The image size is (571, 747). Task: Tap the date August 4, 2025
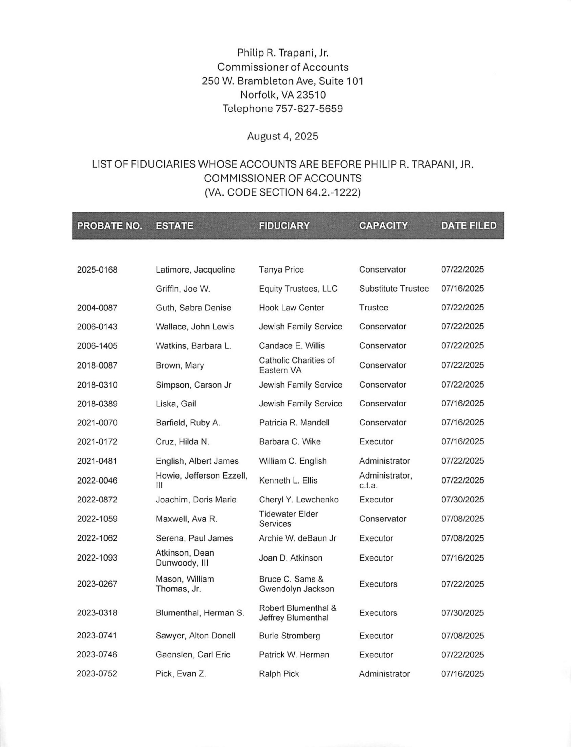pyautogui.click(x=282, y=136)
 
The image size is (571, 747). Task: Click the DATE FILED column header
pyautogui.click(x=468, y=226)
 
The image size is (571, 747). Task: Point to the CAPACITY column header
pyautogui.click(x=383, y=226)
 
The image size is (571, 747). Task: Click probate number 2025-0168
pyautogui.click(x=97, y=270)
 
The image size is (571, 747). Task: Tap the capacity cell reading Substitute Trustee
pyautogui.click(x=393, y=289)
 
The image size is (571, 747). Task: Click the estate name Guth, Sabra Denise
pyautogui.click(x=193, y=308)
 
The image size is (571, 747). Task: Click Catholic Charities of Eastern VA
pyautogui.click(x=296, y=365)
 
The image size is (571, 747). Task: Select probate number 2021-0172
pyautogui.click(x=97, y=442)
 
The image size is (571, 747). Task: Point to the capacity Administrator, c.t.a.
pyautogui.click(x=385, y=480)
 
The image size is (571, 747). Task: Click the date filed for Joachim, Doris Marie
pyautogui.click(x=462, y=500)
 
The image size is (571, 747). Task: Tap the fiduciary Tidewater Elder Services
pyautogui.click(x=288, y=519)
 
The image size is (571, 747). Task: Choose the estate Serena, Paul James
pyautogui.click(x=194, y=538)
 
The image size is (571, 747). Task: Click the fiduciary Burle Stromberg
pyautogui.click(x=289, y=636)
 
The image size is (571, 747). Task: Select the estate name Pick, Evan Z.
pyautogui.click(x=180, y=674)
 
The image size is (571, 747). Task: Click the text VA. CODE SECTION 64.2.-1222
pyautogui.click(x=282, y=193)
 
